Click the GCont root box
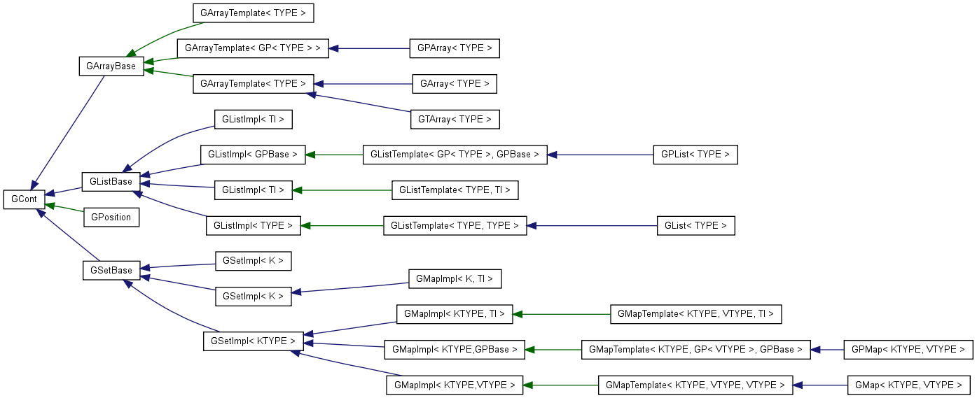[25, 199]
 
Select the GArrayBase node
[111, 66]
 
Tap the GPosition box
[111, 217]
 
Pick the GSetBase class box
[111, 270]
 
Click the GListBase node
[111, 182]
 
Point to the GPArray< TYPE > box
[455, 48]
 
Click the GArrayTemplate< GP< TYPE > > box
[253, 48]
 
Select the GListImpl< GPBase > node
[254, 155]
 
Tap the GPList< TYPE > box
[695, 155]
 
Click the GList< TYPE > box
[696, 225]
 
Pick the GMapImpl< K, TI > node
[455, 278]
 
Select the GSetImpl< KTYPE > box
[254, 341]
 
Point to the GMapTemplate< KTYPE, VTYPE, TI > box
[695, 314]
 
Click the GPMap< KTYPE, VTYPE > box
[908, 349]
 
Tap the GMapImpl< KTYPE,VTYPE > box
[455, 385]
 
